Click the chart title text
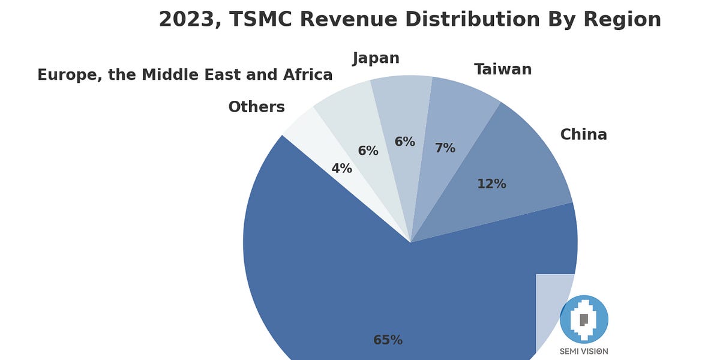click(410, 19)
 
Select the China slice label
click(583, 134)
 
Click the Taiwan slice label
click(503, 70)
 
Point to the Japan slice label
click(376, 58)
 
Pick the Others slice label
click(256, 107)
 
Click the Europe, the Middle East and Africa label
click(185, 75)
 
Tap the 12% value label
click(491, 184)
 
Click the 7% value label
click(445, 148)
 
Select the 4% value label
click(342, 169)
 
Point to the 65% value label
click(388, 340)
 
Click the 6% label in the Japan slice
click(404, 142)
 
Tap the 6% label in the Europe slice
click(368, 151)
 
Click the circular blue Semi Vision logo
click(584, 319)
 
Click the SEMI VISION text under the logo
click(584, 351)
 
